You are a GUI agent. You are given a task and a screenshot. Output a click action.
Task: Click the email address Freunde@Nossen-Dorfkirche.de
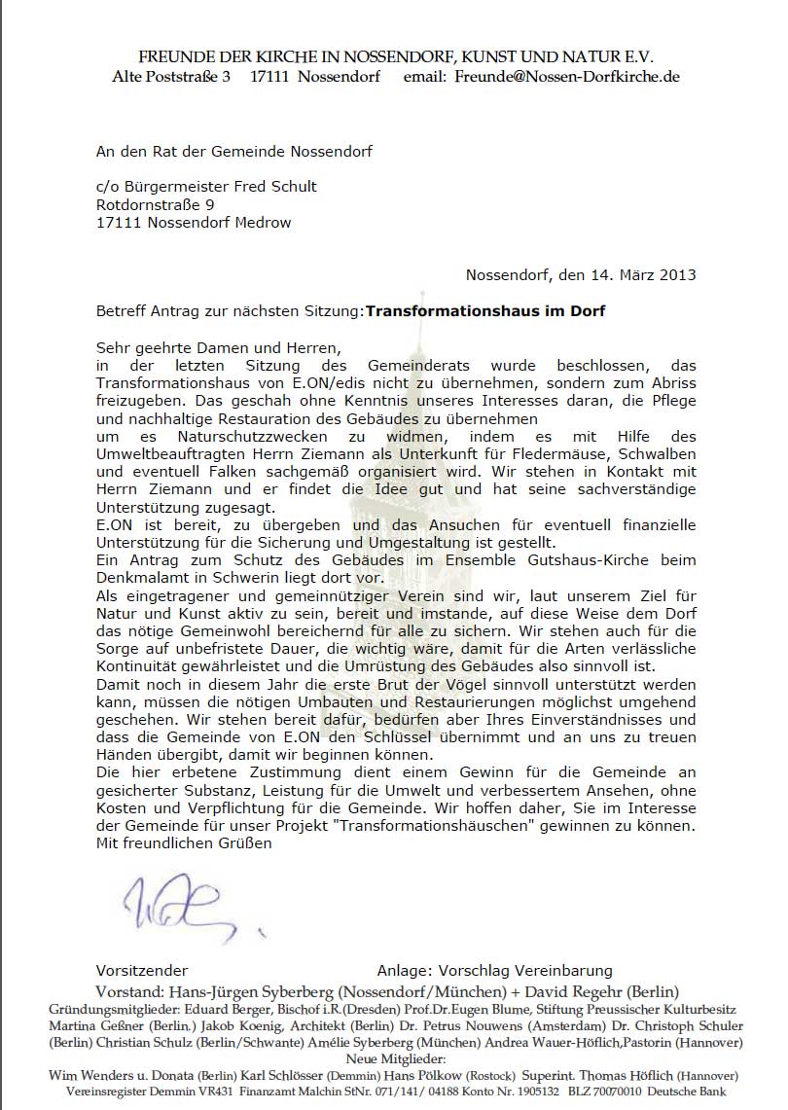[567, 76]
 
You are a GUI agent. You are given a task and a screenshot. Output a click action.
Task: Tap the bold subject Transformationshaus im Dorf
[484, 311]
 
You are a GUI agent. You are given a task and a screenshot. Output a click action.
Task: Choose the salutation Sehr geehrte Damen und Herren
[221, 346]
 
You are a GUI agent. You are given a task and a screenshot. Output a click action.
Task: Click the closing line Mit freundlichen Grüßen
[184, 843]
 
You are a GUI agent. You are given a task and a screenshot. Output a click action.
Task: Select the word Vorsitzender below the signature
[142, 970]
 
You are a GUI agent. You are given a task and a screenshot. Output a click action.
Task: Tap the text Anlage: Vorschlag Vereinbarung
[494, 970]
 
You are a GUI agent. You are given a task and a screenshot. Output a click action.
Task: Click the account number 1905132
[541, 1092]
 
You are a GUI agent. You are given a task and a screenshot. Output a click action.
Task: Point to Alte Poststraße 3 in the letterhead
[171, 76]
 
